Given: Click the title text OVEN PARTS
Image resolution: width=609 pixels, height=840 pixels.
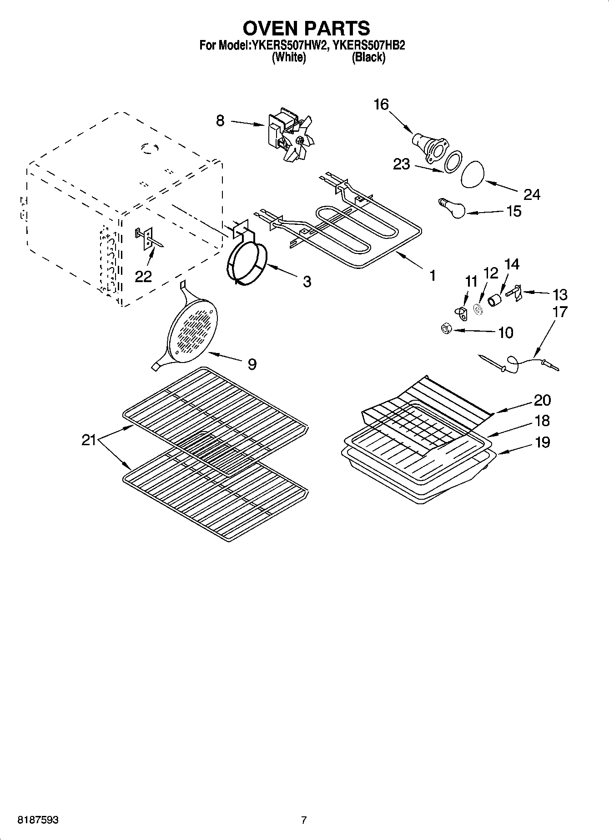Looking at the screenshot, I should (306, 28).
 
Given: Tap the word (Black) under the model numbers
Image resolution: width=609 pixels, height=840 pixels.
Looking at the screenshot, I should (368, 57).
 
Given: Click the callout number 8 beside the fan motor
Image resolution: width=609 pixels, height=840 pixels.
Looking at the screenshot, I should (220, 121).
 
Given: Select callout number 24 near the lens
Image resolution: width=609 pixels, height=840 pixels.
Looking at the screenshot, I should (531, 194).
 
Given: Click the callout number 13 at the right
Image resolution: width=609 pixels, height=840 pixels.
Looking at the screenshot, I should (560, 294).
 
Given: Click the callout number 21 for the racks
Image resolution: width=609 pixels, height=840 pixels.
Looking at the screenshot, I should (89, 440).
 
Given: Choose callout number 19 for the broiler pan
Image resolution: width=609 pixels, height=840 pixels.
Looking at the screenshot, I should (542, 442).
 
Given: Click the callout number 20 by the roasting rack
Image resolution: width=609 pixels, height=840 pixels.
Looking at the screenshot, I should (542, 400).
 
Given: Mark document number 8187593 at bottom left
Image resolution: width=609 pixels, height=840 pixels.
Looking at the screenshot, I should (38, 820).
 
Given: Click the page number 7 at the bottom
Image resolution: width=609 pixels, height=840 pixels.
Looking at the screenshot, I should (304, 820).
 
